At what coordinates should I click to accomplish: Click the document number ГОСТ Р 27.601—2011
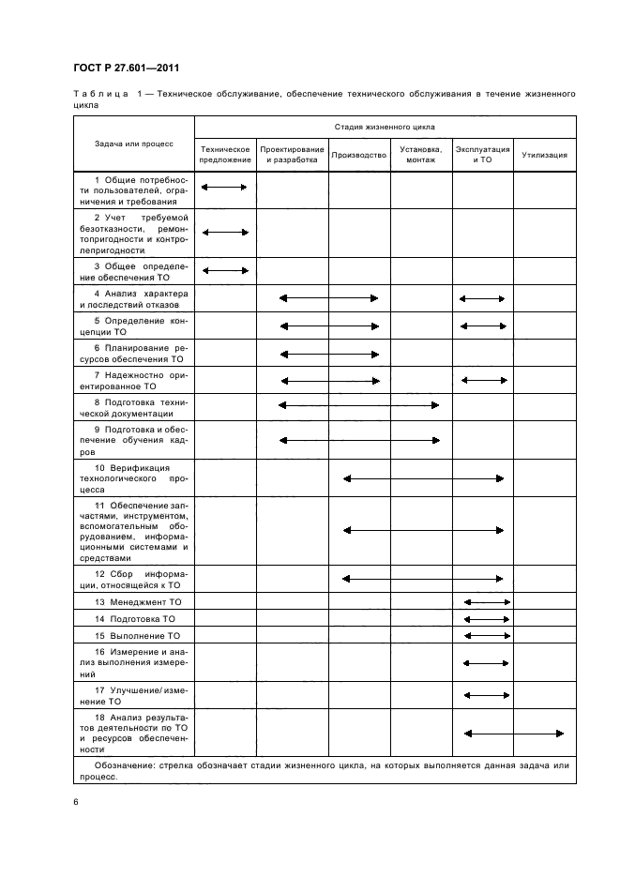(x=126, y=68)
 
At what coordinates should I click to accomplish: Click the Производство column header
(x=359, y=155)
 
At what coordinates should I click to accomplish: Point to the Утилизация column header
(x=545, y=155)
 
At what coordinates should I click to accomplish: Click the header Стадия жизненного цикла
(x=385, y=126)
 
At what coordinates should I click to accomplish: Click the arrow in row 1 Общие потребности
(x=224, y=188)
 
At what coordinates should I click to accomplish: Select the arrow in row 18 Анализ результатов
(x=514, y=734)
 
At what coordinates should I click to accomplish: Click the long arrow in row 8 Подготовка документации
(x=359, y=405)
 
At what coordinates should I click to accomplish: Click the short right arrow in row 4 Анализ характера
(x=482, y=298)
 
